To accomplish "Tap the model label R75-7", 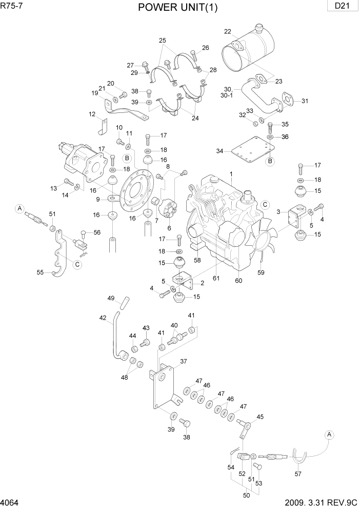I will (x=13, y=6).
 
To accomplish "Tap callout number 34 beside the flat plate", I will (x=219, y=151).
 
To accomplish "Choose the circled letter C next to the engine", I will (x=265, y=204).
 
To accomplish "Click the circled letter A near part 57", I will (x=330, y=435).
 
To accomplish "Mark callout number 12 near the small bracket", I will (x=92, y=114).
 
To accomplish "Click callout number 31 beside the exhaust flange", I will (x=305, y=101).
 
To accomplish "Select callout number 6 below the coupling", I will (x=169, y=228).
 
